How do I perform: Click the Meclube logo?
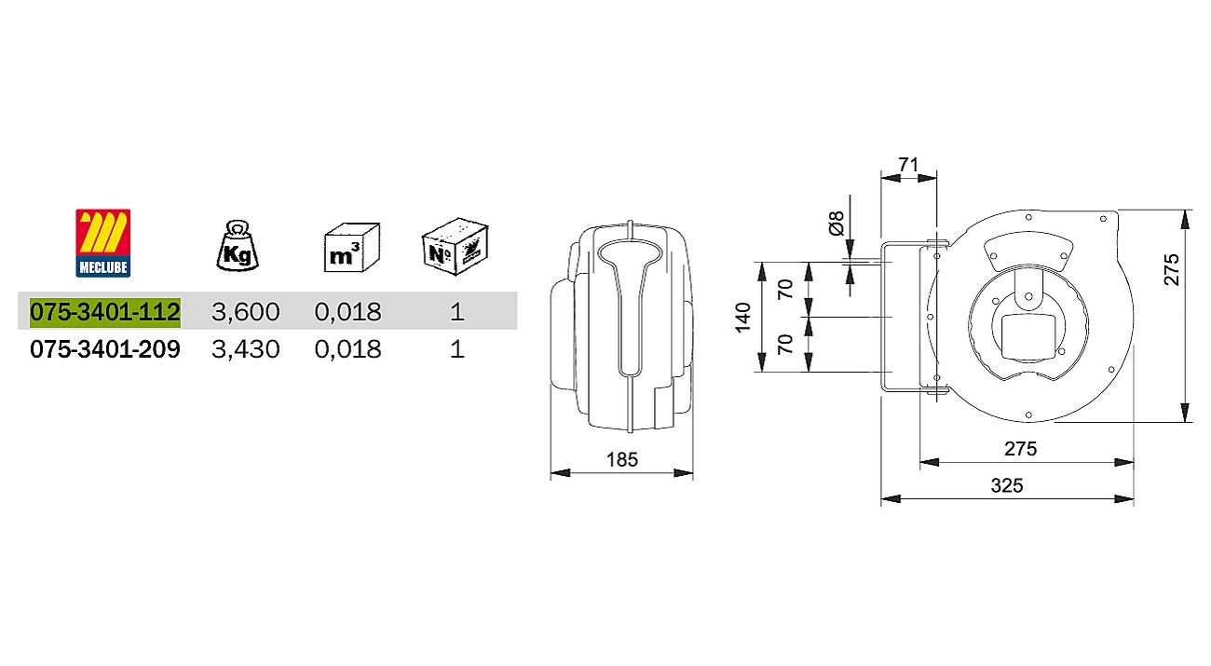coord(102,243)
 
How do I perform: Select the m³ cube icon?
coord(352,247)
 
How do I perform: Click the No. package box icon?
coord(456,246)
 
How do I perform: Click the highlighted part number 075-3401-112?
coord(105,312)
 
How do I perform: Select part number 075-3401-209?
coord(105,349)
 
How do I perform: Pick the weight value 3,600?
coord(245,312)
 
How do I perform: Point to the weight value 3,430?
coord(245,349)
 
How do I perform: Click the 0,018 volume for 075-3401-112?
coord(347,312)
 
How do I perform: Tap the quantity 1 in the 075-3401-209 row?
coord(456,349)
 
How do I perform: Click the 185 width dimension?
coord(621,459)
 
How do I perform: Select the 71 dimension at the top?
coord(908,164)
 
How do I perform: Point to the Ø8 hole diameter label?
coord(836,223)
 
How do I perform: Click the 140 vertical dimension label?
coord(743,318)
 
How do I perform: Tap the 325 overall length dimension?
coord(1007,485)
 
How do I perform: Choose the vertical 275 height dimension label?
coord(1172,269)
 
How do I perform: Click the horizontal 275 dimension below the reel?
coord(1021,449)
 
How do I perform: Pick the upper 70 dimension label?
coord(785,289)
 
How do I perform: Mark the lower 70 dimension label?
coord(785,344)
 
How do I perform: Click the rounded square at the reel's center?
coord(1028,337)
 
